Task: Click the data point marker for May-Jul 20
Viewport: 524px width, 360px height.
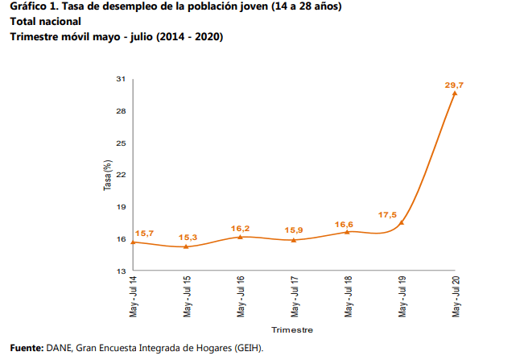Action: tap(455, 93)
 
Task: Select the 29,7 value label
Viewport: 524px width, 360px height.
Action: tap(455, 84)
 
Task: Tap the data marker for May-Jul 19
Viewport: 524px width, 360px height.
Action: tap(401, 221)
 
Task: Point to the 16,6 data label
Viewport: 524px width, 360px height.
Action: tap(345, 224)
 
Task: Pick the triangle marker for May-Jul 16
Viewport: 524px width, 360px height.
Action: tap(240, 236)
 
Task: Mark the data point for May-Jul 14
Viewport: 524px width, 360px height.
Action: tap(132, 242)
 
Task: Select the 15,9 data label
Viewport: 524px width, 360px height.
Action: tap(293, 231)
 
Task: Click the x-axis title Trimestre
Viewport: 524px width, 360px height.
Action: tap(292, 330)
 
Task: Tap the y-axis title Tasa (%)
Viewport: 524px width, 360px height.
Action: tap(106, 176)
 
